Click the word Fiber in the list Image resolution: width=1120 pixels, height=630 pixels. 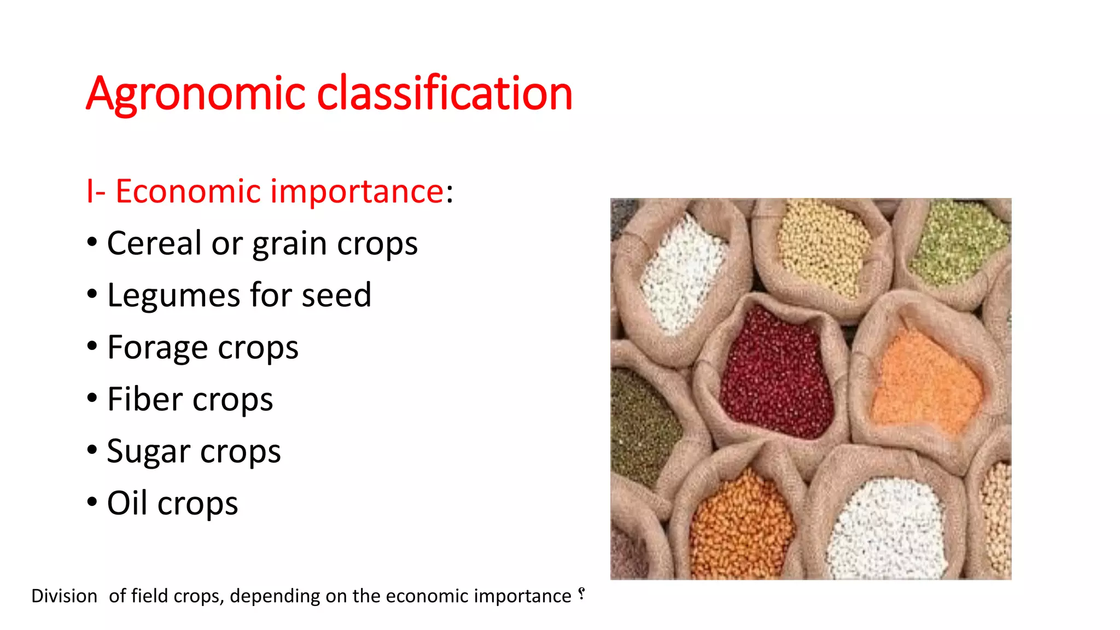[x=144, y=399]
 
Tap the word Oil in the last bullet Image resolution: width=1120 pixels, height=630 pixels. [x=127, y=503]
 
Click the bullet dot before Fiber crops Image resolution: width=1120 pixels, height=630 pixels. [x=92, y=398]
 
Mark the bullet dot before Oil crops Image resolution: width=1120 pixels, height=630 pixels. [x=92, y=502]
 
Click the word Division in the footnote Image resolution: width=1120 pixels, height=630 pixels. [x=64, y=596]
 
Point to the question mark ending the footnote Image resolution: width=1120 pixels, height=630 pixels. [x=581, y=594]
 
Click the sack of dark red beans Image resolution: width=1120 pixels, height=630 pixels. [x=777, y=372]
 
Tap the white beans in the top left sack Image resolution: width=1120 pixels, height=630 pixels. [x=681, y=273]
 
